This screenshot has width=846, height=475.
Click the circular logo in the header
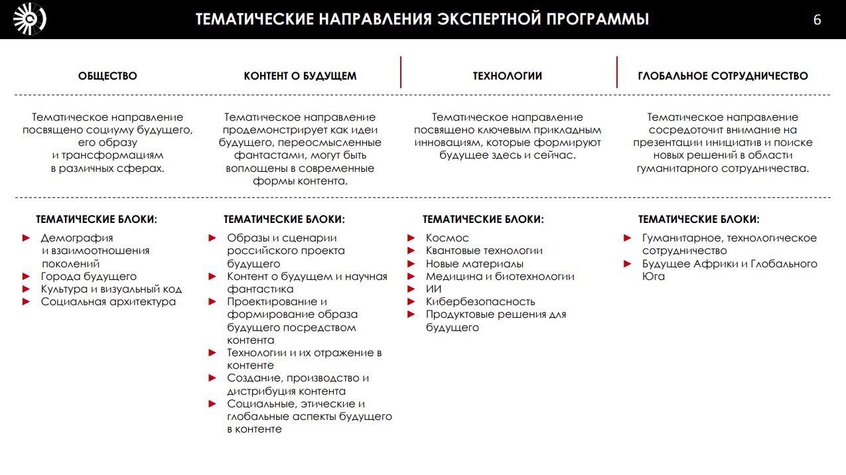[30, 19]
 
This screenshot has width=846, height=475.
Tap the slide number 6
[817, 20]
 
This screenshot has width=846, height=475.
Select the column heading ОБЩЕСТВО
[107, 76]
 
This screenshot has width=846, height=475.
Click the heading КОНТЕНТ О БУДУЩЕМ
[300, 76]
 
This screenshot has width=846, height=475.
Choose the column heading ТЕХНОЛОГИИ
[507, 76]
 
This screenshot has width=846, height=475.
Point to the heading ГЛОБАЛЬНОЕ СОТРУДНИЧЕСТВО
[723, 76]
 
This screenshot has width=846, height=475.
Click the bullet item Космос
[447, 238]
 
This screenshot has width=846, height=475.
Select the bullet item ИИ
[433, 289]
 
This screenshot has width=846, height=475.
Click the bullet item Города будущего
[89, 277]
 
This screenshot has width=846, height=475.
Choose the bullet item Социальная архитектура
[108, 302]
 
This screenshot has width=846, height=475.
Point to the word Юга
[653, 277]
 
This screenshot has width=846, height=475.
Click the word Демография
[72, 238]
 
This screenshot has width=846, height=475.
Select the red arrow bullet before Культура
[27, 289]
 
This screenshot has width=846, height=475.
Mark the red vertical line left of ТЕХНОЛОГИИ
[401, 72]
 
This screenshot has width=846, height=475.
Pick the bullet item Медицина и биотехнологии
[500, 277]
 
